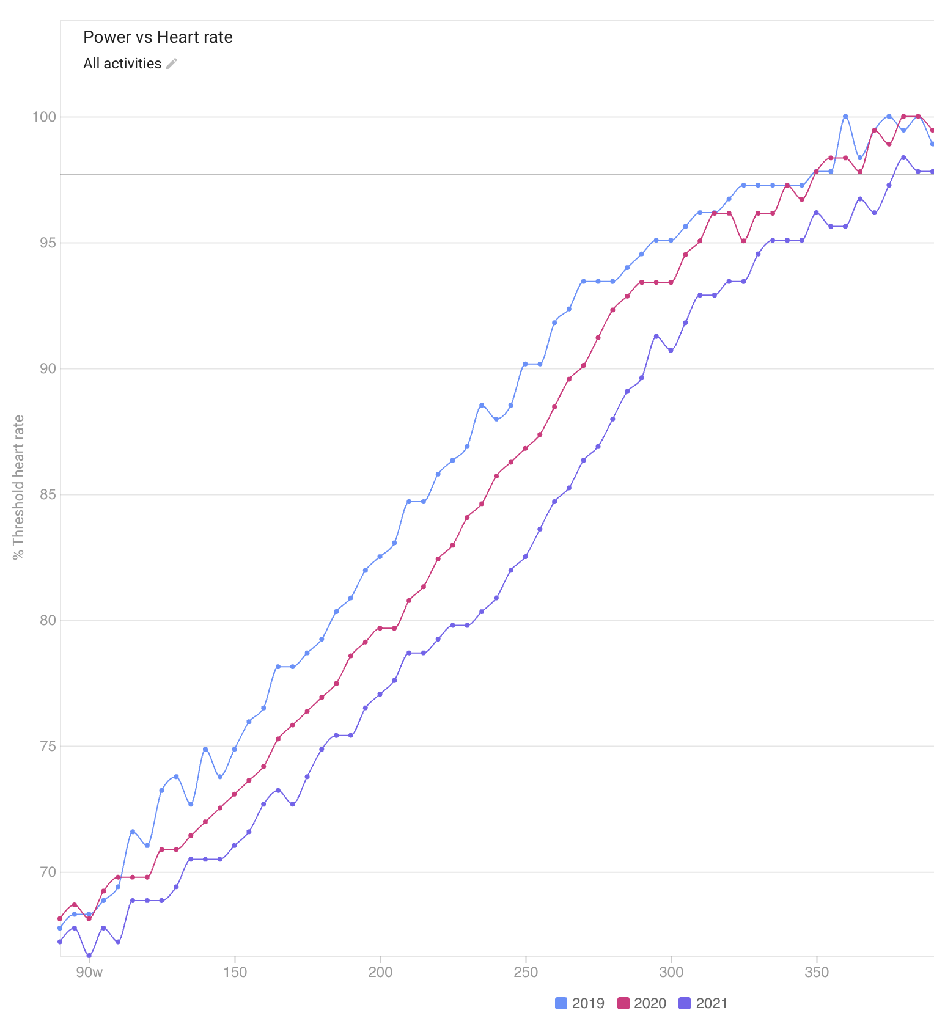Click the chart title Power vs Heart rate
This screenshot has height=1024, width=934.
[158, 37]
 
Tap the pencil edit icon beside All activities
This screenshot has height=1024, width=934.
[172, 64]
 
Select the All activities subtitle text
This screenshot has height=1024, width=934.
[122, 64]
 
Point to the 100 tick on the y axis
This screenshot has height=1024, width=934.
[44, 117]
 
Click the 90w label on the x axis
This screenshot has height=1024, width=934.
[89, 972]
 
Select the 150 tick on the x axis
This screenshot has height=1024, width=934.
[235, 972]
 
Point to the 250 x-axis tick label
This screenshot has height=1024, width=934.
[526, 972]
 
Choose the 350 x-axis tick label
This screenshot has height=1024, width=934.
[817, 972]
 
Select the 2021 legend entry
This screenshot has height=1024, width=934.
[704, 1003]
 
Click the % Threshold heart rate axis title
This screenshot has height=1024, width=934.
[19, 487]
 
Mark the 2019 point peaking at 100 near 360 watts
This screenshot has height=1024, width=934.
[845, 116]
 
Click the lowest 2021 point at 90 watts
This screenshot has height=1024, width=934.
[89, 956]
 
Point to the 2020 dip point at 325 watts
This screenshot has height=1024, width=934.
[744, 241]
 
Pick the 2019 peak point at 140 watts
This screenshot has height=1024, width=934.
[205, 749]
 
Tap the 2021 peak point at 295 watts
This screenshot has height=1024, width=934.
[656, 337]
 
